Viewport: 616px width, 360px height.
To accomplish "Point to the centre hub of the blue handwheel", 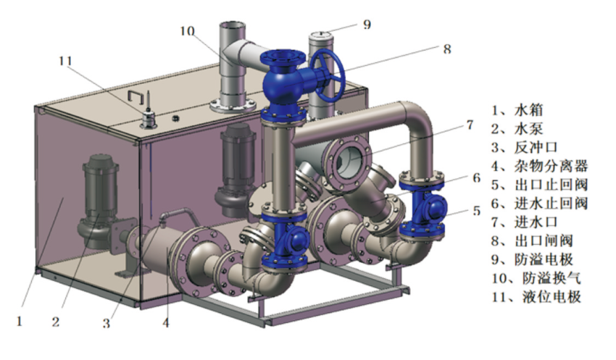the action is tap(326, 75).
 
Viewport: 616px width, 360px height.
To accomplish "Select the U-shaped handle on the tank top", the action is tap(136, 97).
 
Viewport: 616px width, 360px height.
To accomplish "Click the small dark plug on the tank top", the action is tap(175, 117).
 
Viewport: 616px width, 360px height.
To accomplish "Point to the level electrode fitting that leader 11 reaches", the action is tap(149, 120).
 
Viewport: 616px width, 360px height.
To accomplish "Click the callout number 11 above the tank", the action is tap(66, 62).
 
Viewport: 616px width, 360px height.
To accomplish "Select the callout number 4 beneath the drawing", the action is tap(165, 323).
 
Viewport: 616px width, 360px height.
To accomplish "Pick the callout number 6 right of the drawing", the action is tap(477, 178).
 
